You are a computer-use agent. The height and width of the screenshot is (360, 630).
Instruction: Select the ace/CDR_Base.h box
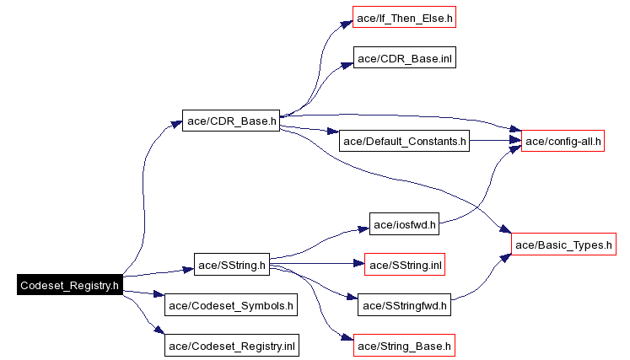(231, 121)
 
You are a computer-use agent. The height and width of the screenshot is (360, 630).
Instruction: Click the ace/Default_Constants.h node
(404, 141)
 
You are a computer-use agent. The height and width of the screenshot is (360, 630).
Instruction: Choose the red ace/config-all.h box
(563, 141)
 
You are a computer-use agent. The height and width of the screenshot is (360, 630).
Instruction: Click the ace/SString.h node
(231, 266)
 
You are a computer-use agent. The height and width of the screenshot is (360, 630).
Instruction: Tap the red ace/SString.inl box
(404, 266)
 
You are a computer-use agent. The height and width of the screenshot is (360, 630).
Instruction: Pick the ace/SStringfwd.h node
(404, 305)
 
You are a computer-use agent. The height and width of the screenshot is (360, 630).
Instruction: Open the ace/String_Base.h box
(404, 346)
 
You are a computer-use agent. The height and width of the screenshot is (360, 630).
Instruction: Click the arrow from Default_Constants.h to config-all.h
(493, 141)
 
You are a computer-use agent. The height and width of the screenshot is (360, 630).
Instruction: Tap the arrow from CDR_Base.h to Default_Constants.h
(308, 130)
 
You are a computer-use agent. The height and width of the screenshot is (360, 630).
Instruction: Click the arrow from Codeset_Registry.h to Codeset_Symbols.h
(143, 293)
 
